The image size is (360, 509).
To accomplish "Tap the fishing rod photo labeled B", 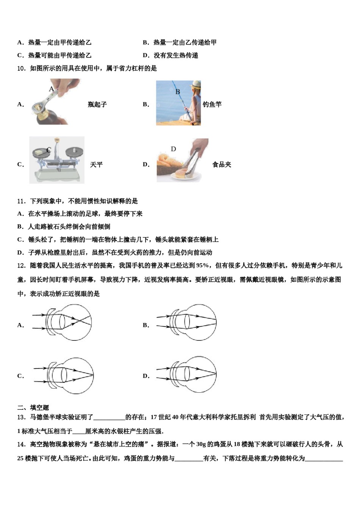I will point(178,103).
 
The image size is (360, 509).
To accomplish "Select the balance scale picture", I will point(57,160).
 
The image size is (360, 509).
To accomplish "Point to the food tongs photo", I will point(183,160).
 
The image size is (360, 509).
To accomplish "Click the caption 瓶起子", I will point(97,105).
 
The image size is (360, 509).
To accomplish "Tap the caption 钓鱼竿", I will point(212,105).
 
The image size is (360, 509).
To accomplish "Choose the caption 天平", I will point(96,165).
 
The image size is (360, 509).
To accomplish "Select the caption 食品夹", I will point(222,165).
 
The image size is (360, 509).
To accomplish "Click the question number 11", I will point(21,201).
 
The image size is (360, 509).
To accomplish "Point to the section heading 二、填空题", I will point(33,408).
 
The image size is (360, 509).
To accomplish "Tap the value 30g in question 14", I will point(201,444).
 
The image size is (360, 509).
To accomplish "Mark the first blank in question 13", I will point(109,418).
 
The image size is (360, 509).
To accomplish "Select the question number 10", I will point(21,69).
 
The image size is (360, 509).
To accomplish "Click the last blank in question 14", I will point(324,459).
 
